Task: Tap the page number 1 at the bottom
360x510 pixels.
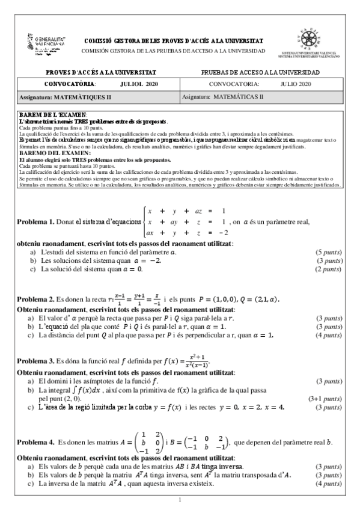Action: click(180, 500)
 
